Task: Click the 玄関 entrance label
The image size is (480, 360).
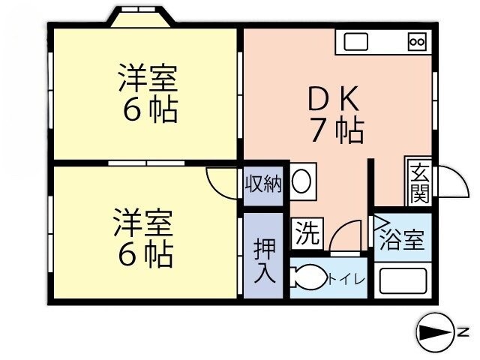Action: tap(418, 184)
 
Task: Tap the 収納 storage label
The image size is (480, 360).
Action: tap(264, 183)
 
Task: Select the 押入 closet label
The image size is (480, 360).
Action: tap(264, 259)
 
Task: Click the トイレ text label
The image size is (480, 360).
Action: tap(346, 280)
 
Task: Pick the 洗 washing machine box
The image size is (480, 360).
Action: tap(305, 232)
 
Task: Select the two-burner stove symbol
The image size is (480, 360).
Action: tap(416, 42)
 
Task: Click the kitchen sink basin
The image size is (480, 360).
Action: tap(353, 41)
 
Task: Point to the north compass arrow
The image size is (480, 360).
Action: tap(435, 331)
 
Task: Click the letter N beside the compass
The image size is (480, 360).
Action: tap(464, 331)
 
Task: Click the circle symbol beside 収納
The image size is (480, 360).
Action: tap(302, 183)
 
